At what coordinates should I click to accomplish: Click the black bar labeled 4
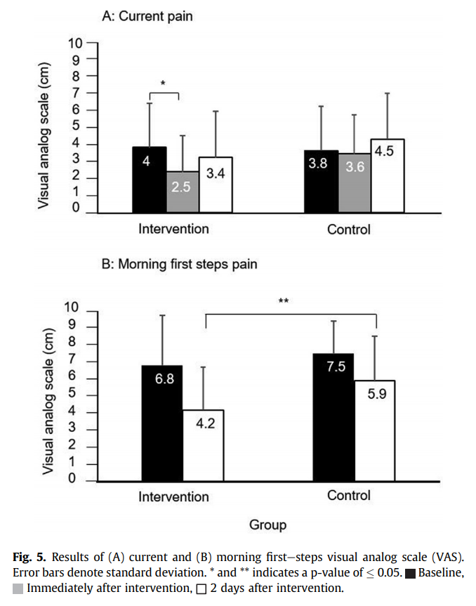(150, 179)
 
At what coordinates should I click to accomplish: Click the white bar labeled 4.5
(388, 176)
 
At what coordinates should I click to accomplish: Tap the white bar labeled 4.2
(204, 445)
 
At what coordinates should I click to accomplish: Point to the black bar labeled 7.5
(333, 417)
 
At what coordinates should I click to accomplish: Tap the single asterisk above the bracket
(162, 84)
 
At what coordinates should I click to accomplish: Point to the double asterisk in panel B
(284, 302)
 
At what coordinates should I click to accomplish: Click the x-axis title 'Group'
(267, 525)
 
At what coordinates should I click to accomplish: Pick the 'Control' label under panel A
(348, 230)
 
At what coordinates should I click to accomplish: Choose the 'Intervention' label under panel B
(173, 496)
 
